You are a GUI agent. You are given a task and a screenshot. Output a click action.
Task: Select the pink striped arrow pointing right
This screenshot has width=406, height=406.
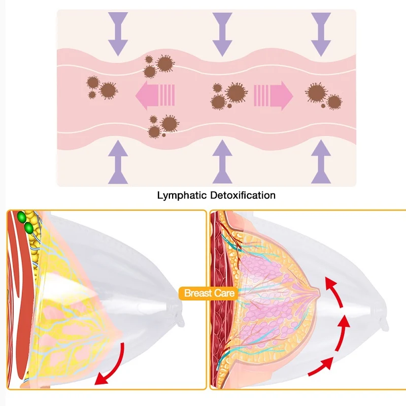[x=274, y=94]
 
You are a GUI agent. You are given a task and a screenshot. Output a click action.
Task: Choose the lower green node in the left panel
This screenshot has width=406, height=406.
[x=29, y=229]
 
